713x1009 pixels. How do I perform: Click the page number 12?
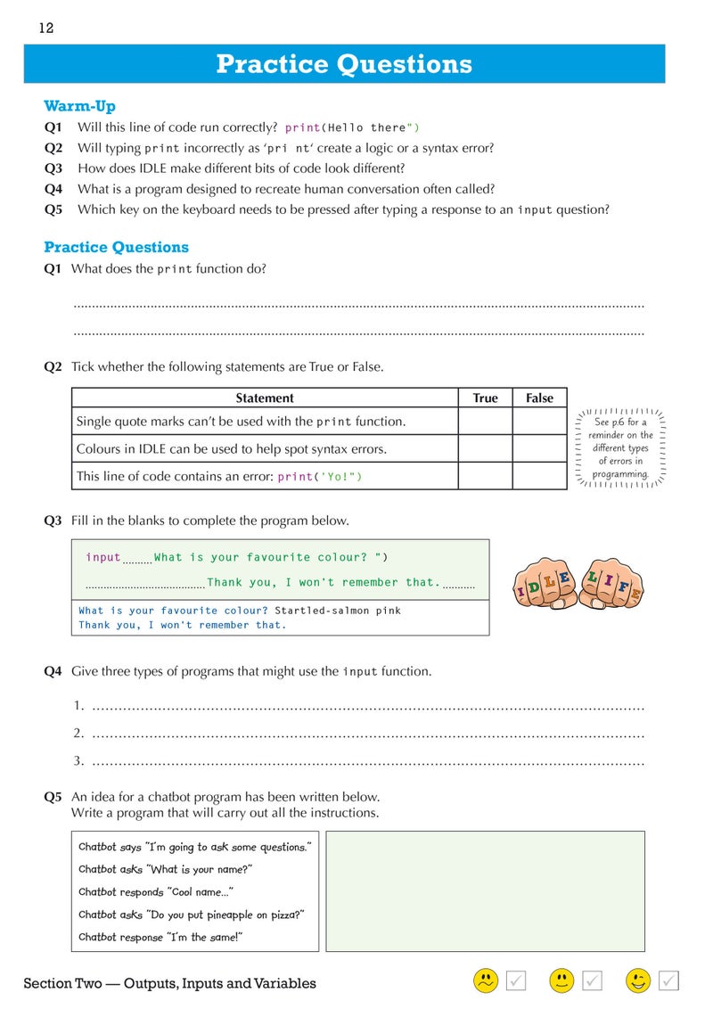click(46, 29)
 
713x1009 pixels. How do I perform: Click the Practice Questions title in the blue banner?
click(344, 64)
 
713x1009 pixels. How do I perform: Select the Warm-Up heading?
click(79, 106)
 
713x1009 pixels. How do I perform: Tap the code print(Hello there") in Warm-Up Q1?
click(352, 127)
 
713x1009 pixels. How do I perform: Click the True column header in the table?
click(485, 398)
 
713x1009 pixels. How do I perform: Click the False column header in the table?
click(539, 398)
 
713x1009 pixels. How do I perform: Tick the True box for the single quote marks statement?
click(485, 422)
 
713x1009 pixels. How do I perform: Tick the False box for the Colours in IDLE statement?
click(539, 449)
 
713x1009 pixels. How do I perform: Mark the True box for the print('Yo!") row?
click(485, 476)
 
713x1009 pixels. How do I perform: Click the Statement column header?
click(265, 398)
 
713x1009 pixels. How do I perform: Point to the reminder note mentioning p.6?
click(620, 447)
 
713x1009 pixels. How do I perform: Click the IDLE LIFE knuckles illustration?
click(578, 580)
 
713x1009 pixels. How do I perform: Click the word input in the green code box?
click(103, 558)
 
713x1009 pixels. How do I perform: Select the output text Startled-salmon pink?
click(338, 611)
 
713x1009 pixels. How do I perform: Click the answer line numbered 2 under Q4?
click(365, 734)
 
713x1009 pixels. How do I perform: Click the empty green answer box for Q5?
click(485, 891)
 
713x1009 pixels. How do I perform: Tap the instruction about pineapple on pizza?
click(192, 915)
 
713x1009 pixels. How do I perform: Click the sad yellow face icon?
click(485, 980)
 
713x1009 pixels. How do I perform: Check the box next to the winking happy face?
click(669, 980)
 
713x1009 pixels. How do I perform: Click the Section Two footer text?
click(169, 984)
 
